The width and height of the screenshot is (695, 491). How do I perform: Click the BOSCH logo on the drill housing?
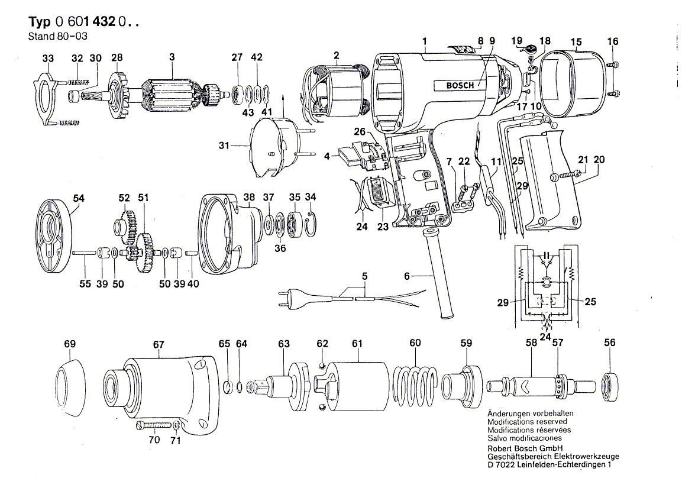[x=459, y=86]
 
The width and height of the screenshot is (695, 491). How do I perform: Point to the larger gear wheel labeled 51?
[x=144, y=250]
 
